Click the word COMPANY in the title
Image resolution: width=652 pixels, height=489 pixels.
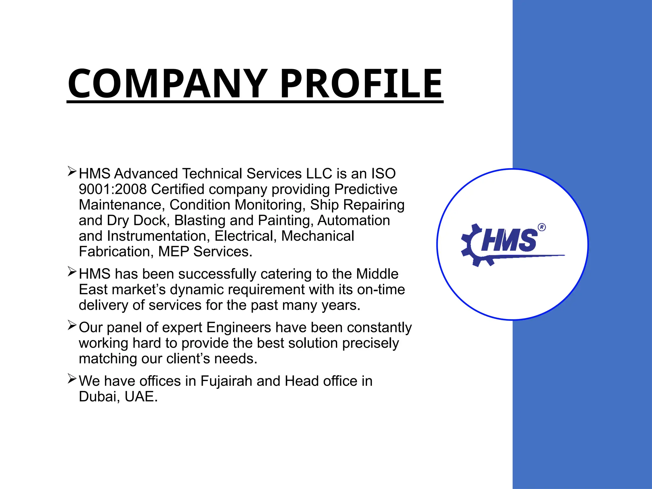tap(167, 84)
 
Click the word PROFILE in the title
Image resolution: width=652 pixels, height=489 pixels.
tap(361, 84)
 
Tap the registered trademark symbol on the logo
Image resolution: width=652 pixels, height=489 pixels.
tap(542, 227)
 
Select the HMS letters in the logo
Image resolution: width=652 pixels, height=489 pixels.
tap(509, 240)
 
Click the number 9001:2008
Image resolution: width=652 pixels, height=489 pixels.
tap(113, 189)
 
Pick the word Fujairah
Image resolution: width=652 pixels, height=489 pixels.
tap(226, 381)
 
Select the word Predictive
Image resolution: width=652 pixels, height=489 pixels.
tap(366, 189)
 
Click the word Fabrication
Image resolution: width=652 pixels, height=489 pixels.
tap(114, 252)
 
